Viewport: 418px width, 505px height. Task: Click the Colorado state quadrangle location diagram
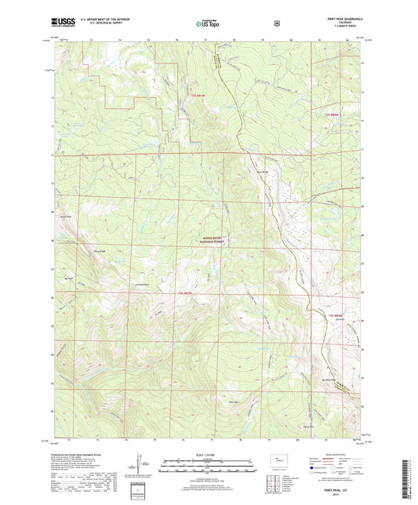pos(277,460)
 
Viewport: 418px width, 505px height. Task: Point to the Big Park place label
pos(67,277)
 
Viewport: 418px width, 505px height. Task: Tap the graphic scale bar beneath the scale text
pos(208,463)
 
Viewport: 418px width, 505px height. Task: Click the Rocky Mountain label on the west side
pos(67,216)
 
